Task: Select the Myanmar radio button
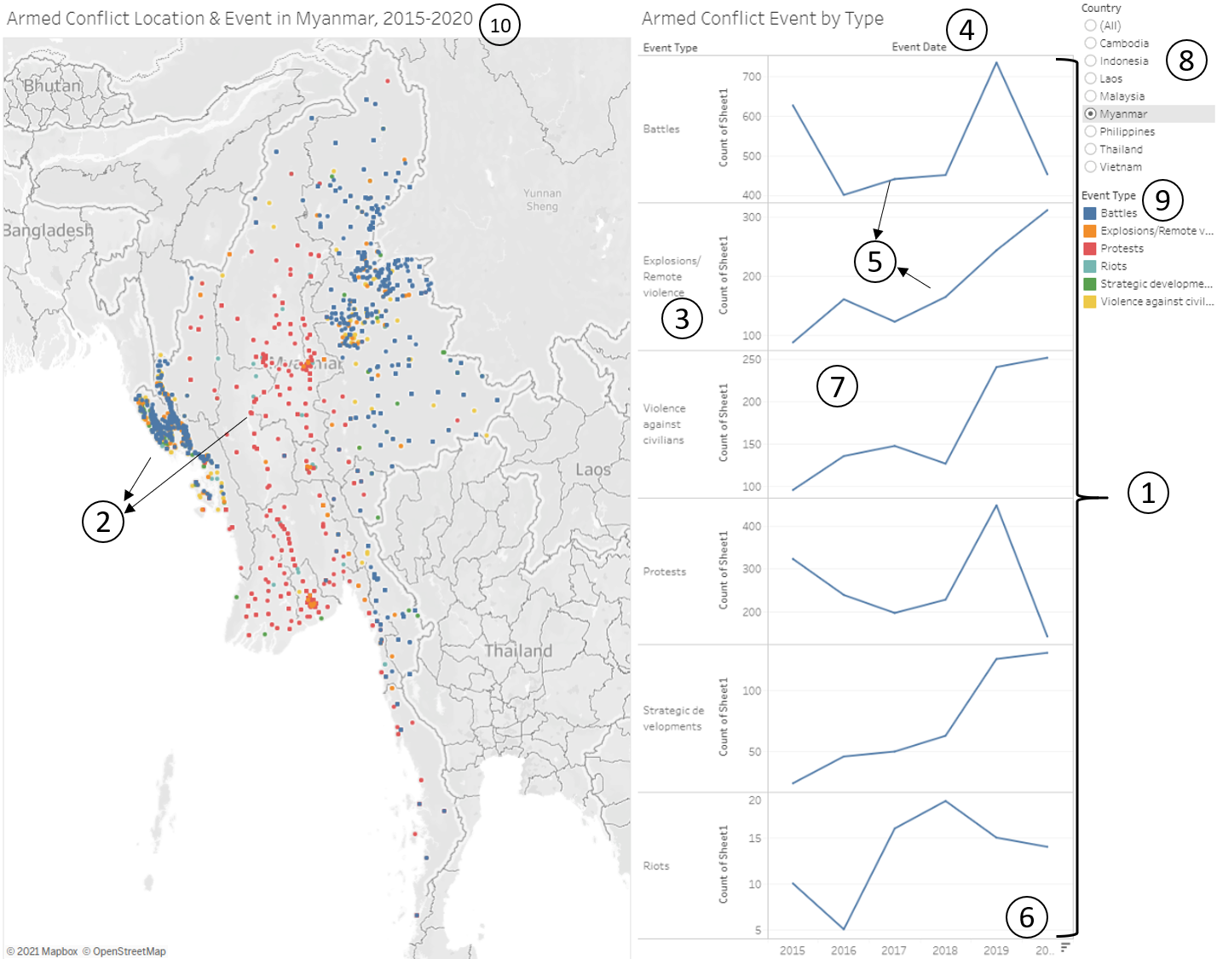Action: [x=1091, y=113]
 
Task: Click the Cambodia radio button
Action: [x=1091, y=43]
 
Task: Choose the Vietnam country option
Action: [x=1091, y=167]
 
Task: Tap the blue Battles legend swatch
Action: [x=1089, y=213]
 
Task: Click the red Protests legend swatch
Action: [x=1089, y=249]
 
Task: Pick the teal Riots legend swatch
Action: [x=1089, y=266]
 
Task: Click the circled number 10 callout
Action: [x=500, y=25]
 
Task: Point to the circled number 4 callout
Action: [x=966, y=30]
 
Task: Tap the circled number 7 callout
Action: [x=837, y=386]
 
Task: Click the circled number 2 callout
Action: [x=103, y=520]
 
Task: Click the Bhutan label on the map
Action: [x=53, y=86]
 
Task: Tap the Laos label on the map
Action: [x=592, y=470]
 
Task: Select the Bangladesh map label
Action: [x=48, y=230]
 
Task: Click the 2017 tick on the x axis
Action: [x=894, y=950]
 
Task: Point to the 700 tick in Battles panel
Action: [x=752, y=77]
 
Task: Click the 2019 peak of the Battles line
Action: [x=996, y=62]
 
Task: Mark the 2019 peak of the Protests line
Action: [x=996, y=505]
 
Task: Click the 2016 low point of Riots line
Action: [x=844, y=929]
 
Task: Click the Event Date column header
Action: [x=919, y=47]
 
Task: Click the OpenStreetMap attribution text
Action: [x=130, y=951]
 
